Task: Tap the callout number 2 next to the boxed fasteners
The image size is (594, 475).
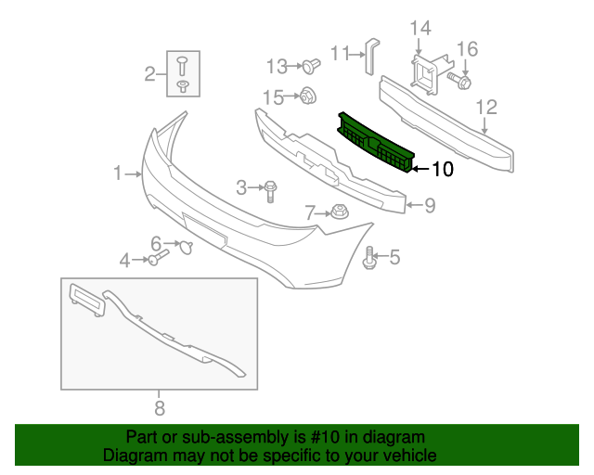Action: click(149, 73)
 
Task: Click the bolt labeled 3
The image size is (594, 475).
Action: click(269, 190)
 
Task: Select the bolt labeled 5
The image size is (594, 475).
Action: click(371, 258)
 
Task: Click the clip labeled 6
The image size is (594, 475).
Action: click(185, 246)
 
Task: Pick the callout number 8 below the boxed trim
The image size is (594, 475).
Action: click(159, 406)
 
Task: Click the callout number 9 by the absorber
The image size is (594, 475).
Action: click(430, 206)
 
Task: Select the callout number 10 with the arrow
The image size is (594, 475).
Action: click(442, 169)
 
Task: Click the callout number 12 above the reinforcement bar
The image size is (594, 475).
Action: click(487, 109)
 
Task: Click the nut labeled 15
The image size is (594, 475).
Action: click(306, 95)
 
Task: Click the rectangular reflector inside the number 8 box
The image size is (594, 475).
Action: click(87, 299)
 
